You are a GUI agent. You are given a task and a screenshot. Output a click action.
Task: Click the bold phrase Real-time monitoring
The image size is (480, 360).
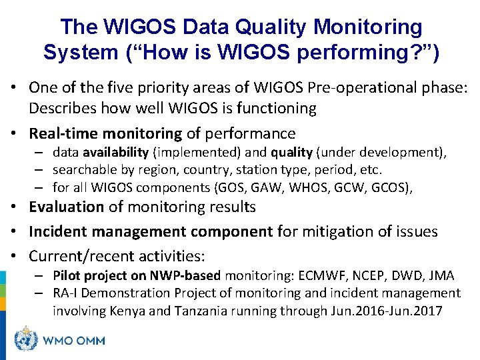[x=105, y=133]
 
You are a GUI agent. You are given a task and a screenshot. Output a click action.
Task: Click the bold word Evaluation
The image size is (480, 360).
[x=67, y=207]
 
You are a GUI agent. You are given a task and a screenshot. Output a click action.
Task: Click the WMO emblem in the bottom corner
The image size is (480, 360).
[x=27, y=340]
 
